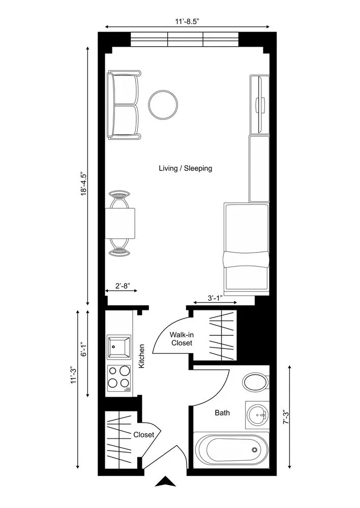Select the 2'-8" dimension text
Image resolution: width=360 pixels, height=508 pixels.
[121, 286]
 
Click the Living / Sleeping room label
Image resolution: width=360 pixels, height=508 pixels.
[185, 168]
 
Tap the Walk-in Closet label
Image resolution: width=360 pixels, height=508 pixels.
[181, 339]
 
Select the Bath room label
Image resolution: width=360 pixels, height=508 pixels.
[222, 412]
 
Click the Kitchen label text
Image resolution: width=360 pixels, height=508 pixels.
[142, 356]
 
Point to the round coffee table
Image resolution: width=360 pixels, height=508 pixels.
[163, 105]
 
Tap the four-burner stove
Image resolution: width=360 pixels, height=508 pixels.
[119, 378]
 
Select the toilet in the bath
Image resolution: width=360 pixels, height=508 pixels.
[256, 382]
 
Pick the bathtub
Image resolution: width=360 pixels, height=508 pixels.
[231, 449]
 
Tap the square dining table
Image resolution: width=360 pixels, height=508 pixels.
[121, 224]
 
